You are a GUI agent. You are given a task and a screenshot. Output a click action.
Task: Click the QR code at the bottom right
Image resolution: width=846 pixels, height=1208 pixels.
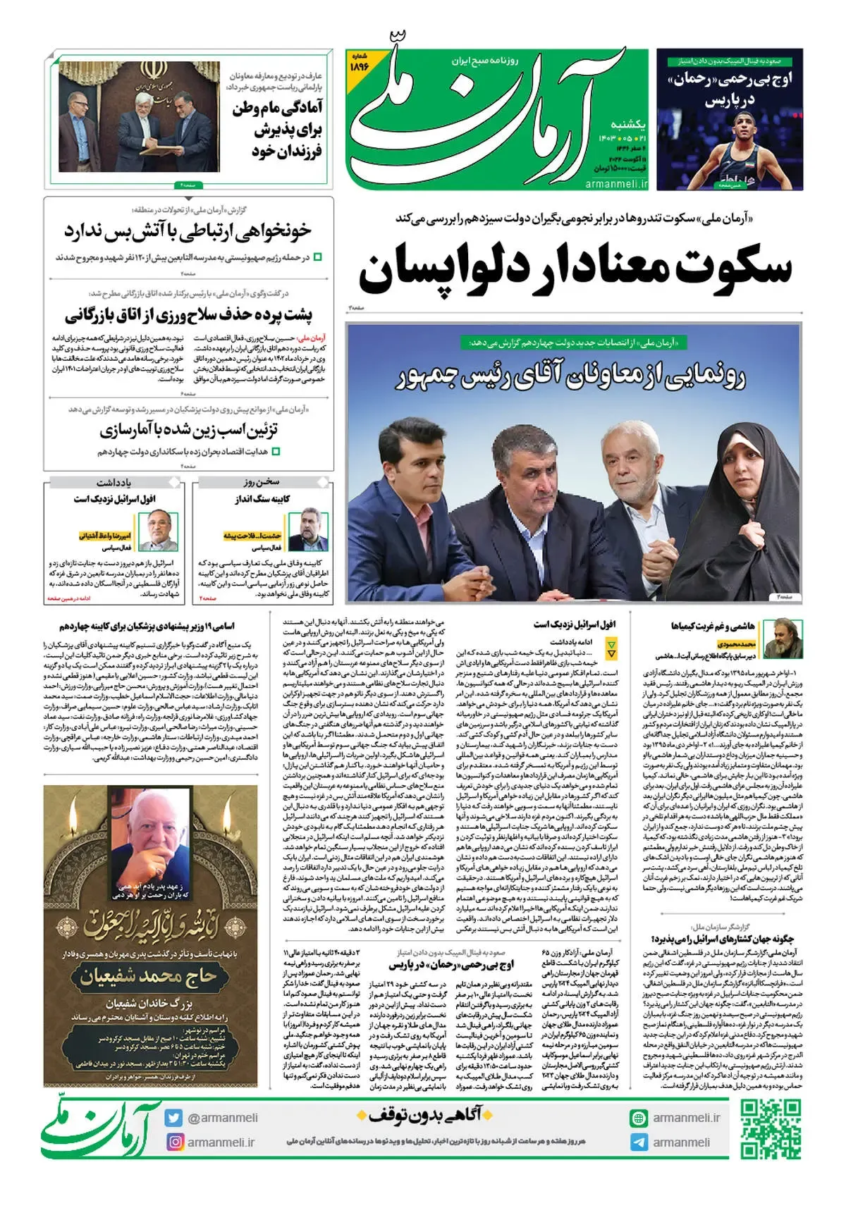click(771, 1128)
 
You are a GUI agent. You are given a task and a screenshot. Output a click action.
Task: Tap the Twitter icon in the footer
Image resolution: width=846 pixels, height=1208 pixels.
click(173, 1118)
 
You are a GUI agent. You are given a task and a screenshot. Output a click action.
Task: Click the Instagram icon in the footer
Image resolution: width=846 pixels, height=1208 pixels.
click(173, 1142)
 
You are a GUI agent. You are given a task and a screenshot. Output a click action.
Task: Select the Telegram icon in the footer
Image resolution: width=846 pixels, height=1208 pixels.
click(638, 1142)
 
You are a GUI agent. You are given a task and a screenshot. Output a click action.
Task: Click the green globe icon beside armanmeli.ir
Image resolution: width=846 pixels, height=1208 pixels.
click(638, 1118)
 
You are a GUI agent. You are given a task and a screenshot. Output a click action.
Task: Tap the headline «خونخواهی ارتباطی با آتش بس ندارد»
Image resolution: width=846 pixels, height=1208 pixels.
click(188, 231)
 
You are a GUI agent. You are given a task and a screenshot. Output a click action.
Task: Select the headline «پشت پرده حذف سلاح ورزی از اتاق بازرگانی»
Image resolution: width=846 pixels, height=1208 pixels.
click(189, 315)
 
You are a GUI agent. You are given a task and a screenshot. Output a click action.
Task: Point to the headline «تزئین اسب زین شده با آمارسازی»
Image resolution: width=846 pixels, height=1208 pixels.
click(189, 429)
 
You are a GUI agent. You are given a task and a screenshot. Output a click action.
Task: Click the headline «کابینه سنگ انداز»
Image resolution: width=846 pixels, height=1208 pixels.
click(262, 499)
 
